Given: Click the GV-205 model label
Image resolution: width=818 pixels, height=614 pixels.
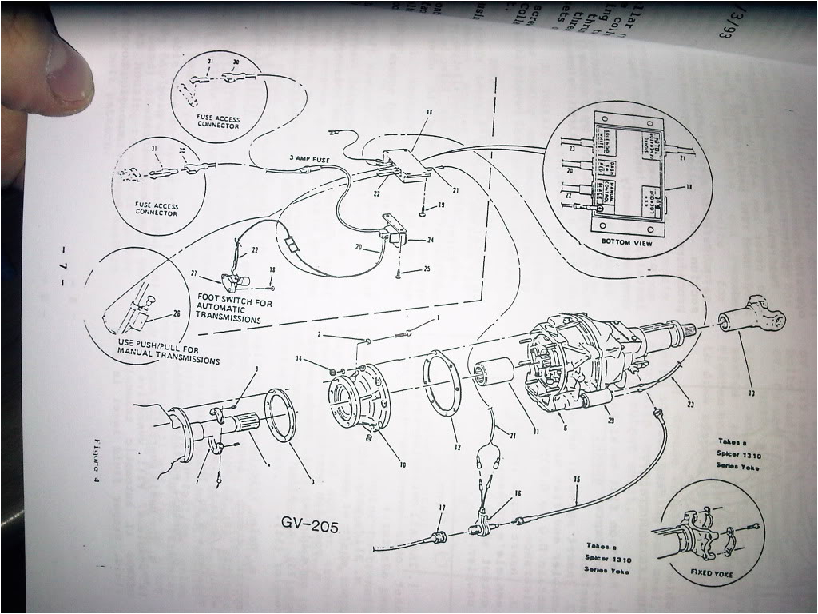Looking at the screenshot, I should (310, 525).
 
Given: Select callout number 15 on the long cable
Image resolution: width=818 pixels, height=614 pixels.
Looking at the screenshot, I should (575, 480).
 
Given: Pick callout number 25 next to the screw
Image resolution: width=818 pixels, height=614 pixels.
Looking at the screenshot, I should (427, 269).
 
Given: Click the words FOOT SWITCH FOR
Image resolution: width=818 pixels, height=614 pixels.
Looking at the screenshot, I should (228, 303).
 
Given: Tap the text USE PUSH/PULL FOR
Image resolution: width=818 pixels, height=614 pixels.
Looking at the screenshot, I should (155, 349).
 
